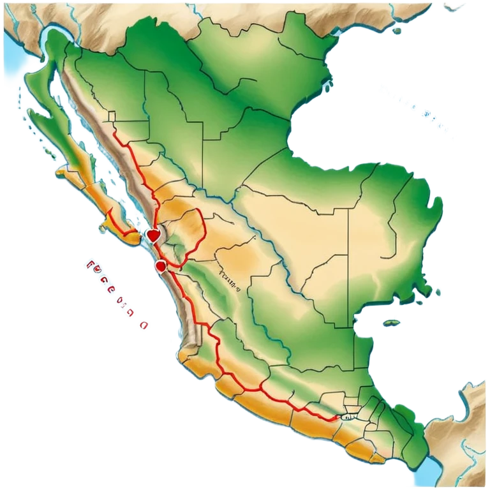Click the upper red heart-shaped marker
(x=152, y=235)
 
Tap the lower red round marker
(x=161, y=264)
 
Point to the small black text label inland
(x=228, y=278)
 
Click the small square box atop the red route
(x=112, y=116)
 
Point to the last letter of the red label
(x=144, y=325)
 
